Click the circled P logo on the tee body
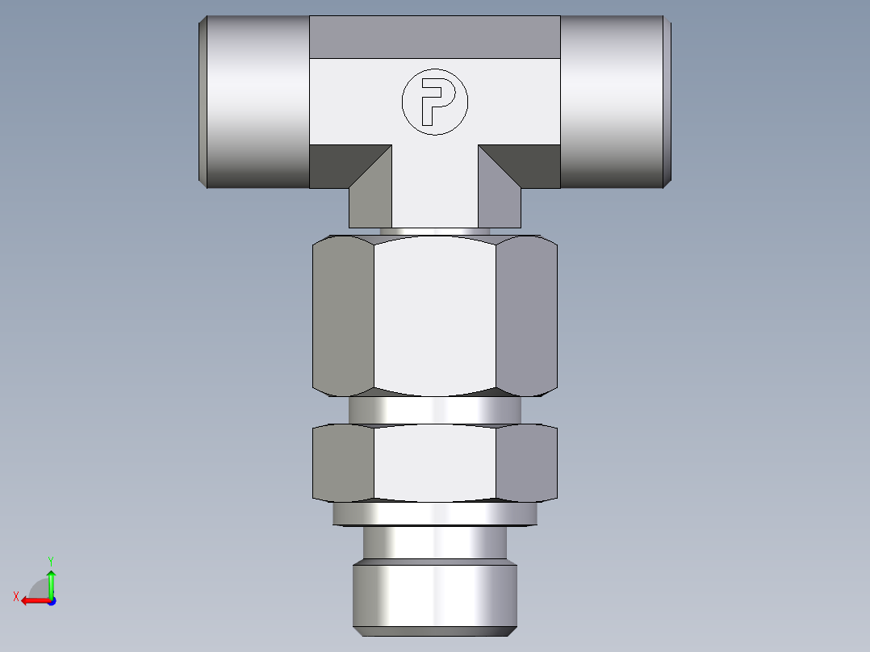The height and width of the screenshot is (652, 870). (x=434, y=101)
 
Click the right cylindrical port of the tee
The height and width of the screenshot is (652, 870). (x=613, y=102)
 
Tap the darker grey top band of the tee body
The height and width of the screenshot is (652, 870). (x=434, y=37)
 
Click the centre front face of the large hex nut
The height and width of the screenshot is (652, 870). (x=434, y=315)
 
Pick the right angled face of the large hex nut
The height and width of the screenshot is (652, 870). (x=526, y=315)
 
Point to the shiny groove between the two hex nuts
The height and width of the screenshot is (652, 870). (x=434, y=411)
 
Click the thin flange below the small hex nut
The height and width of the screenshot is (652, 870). (x=434, y=513)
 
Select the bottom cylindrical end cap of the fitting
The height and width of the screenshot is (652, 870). (x=434, y=597)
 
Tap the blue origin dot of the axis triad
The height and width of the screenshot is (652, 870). (x=51, y=600)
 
